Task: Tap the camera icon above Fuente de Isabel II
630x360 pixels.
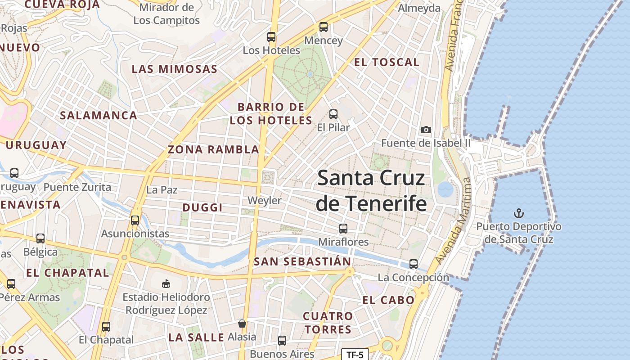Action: coord(426,130)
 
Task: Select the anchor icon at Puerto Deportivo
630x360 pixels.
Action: coord(519,213)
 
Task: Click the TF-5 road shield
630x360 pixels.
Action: coord(355,355)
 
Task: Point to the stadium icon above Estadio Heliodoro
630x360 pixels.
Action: coord(166,283)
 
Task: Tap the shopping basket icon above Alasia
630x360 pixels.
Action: coord(242,324)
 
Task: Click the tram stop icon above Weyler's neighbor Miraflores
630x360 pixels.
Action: coord(343,229)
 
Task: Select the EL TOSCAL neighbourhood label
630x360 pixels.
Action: coord(387,63)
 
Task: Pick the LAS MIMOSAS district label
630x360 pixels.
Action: coord(175,69)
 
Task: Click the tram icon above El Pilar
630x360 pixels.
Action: coord(333,114)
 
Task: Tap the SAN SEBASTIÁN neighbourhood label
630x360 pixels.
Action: coord(302,261)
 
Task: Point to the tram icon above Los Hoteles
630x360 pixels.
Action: coord(271,37)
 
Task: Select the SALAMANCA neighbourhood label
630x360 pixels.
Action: coord(99,115)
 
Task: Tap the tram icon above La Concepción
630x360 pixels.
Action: coord(414,264)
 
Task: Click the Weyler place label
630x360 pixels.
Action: coord(265,201)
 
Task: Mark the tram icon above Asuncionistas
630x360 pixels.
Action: coord(135,220)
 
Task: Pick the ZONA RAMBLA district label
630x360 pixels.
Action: coord(213,149)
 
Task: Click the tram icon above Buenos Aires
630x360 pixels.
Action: coord(282,341)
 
